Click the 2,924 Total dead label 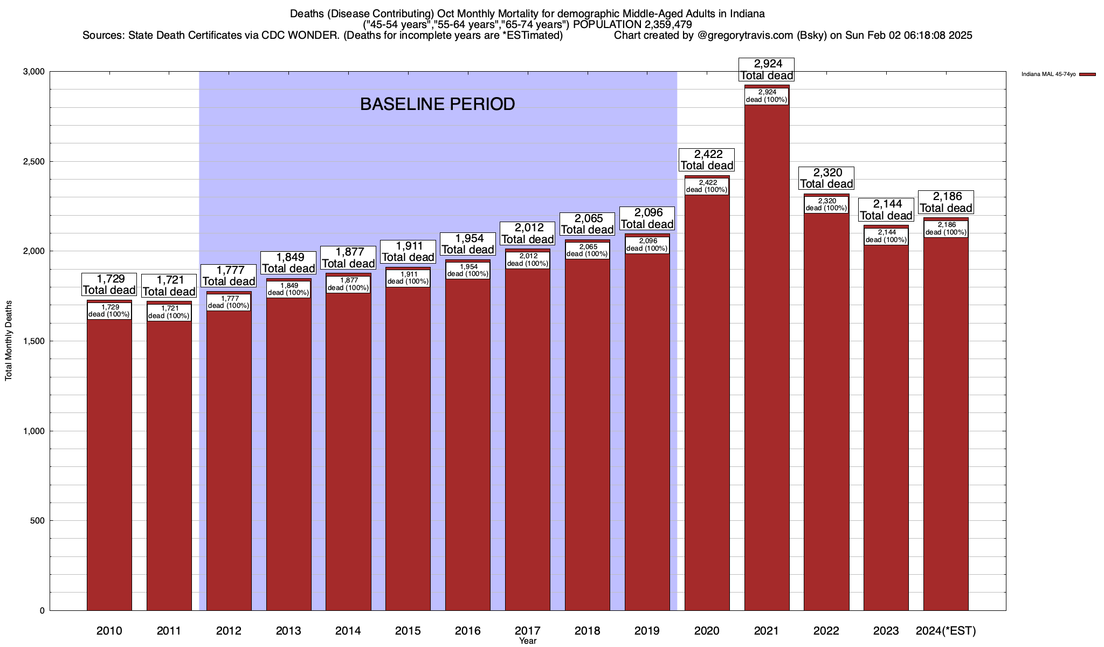pyautogui.click(x=767, y=70)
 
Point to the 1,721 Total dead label pyautogui.click(x=169, y=286)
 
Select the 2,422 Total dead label pyautogui.click(x=707, y=160)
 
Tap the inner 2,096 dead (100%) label pyautogui.click(x=647, y=245)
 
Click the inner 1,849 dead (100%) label pyautogui.click(x=288, y=289)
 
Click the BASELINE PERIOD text pyautogui.click(x=437, y=104)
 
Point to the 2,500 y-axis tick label pyautogui.click(x=34, y=162)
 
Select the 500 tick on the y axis pyautogui.click(x=38, y=521)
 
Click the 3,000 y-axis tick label pyautogui.click(x=34, y=72)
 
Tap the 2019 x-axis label pyautogui.click(x=647, y=631)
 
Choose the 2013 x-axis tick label pyautogui.click(x=288, y=631)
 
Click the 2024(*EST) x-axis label pyautogui.click(x=946, y=631)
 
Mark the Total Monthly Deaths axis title pyautogui.click(x=9, y=341)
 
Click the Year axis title pyautogui.click(x=528, y=641)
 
